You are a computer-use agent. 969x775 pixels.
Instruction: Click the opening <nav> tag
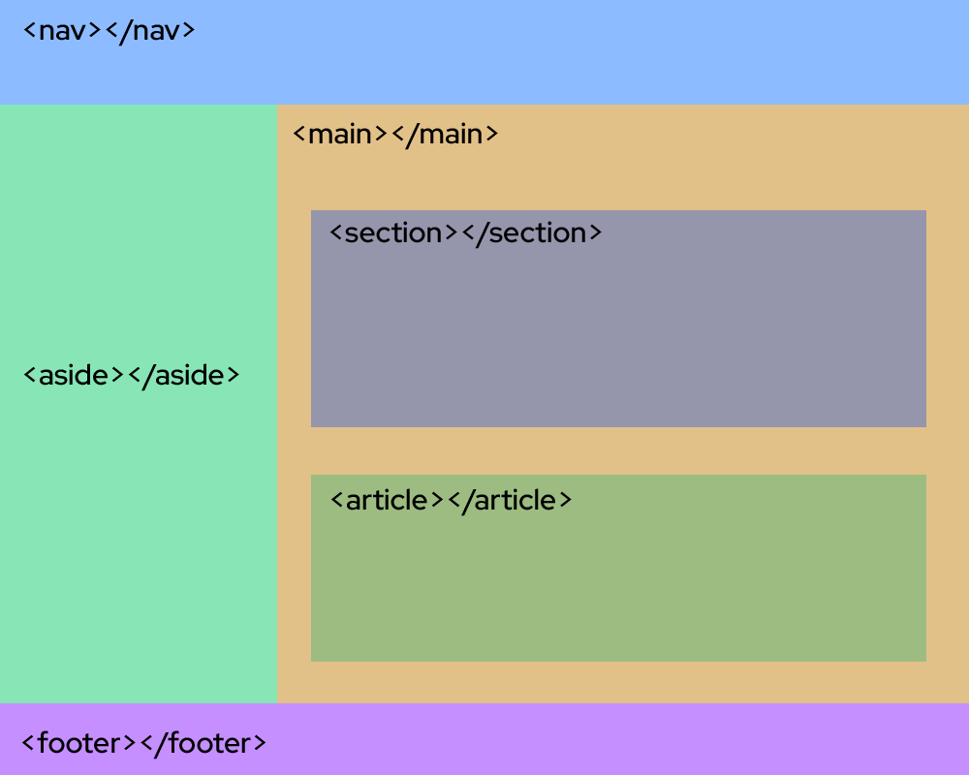tap(62, 31)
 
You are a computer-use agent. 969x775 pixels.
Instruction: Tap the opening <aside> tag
tap(74, 375)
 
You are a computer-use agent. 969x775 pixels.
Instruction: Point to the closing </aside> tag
tap(182, 375)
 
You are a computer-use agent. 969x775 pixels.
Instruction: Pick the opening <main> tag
tap(340, 134)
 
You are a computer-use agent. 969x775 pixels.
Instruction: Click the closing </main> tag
tap(445, 134)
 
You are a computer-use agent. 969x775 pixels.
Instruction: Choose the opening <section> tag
tap(392, 233)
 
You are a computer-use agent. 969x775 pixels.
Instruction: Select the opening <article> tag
tap(387, 500)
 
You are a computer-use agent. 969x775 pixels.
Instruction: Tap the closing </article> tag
tap(510, 500)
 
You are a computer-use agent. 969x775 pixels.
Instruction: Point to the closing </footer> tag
tap(203, 743)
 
